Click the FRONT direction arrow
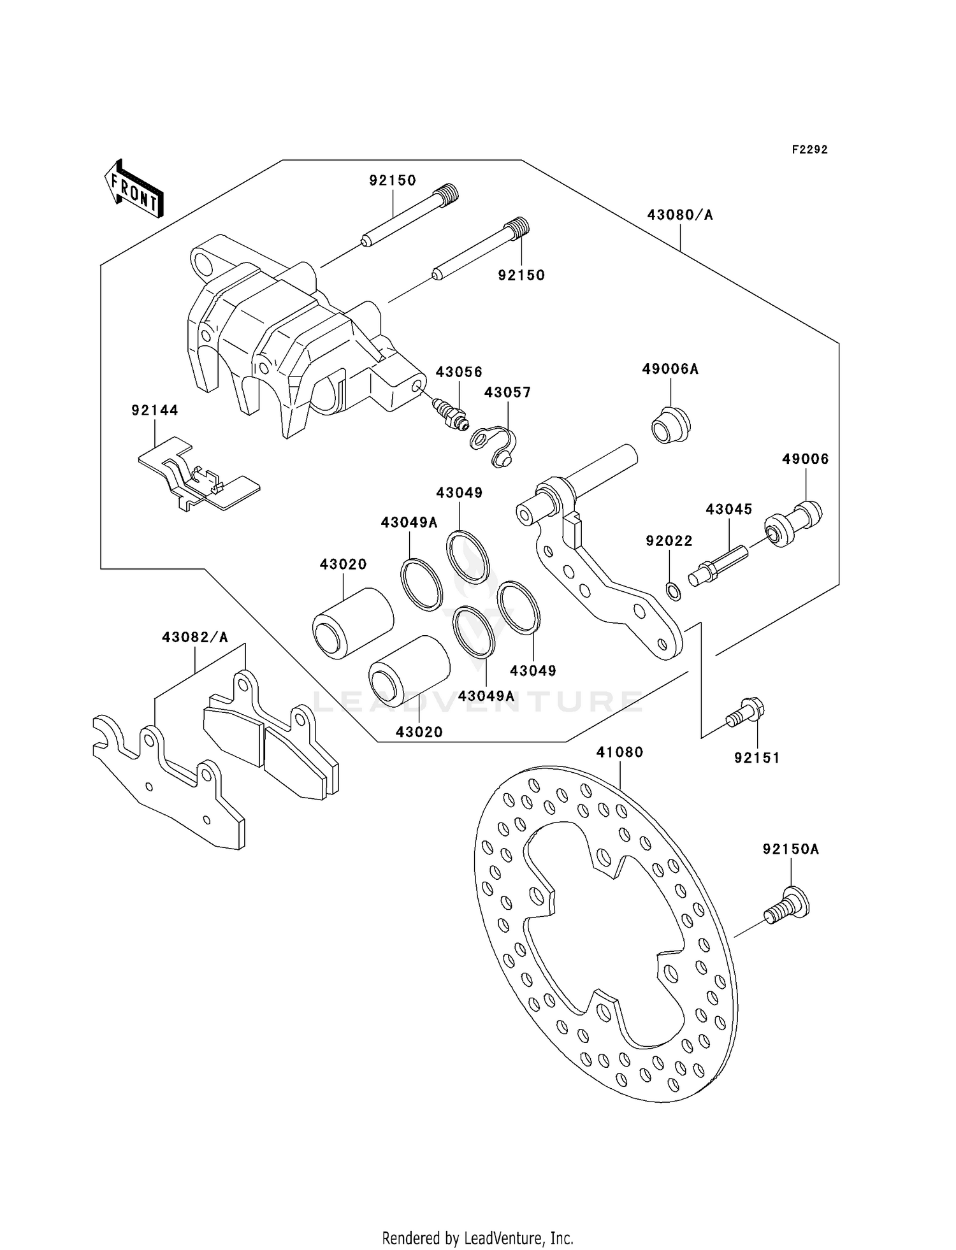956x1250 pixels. (134, 189)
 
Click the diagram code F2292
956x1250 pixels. (809, 150)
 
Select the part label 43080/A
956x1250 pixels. (680, 215)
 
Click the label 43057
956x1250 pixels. (507, 392)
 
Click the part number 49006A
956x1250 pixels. (670, 370)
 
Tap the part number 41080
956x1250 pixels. (619, 752)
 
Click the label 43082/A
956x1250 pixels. (194, 637)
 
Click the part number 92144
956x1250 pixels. (155, 410)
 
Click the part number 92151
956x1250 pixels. (757, 758)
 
